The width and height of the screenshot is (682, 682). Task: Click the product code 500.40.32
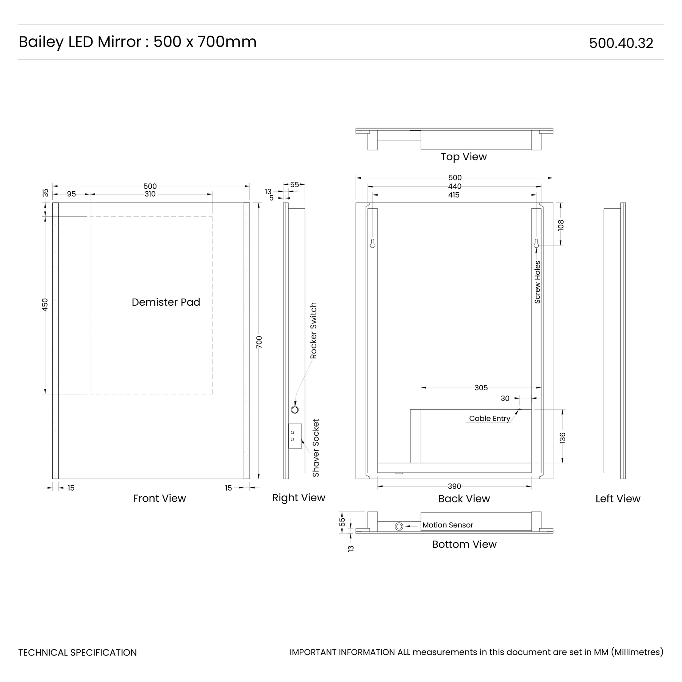click(621, 43)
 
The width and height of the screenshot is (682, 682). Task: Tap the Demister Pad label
click(166, 302)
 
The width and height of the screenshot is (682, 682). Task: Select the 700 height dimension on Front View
click(259, 342)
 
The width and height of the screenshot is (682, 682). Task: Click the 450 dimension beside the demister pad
click(45, 305)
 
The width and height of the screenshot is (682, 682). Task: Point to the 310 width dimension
click(150, 194)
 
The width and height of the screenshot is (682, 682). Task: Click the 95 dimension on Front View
click(71, 194)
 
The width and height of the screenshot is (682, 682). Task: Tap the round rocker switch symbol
click(295, 409)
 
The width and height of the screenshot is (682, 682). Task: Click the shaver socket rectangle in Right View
click(295, 436)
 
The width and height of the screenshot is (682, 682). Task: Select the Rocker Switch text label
click(313, 330)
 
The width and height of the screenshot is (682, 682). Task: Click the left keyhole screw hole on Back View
click(372, 243)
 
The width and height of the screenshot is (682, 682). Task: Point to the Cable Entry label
click(490, 418)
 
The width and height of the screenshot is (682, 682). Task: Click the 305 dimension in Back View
click(481, 388)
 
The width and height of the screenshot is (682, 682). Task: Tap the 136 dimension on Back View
click(562, 438)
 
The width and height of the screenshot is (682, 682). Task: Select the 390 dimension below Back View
click(455, 486)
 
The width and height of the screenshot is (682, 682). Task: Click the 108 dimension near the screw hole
click(561, 225)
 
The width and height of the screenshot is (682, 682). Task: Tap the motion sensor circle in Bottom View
click(399, 526)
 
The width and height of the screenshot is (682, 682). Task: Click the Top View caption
click(464, 156)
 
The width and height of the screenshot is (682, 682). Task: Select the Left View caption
click(618, 499)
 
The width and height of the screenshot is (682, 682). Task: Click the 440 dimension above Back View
click(455, 186)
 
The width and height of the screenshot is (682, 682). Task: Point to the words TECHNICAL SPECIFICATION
click(78, 652)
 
